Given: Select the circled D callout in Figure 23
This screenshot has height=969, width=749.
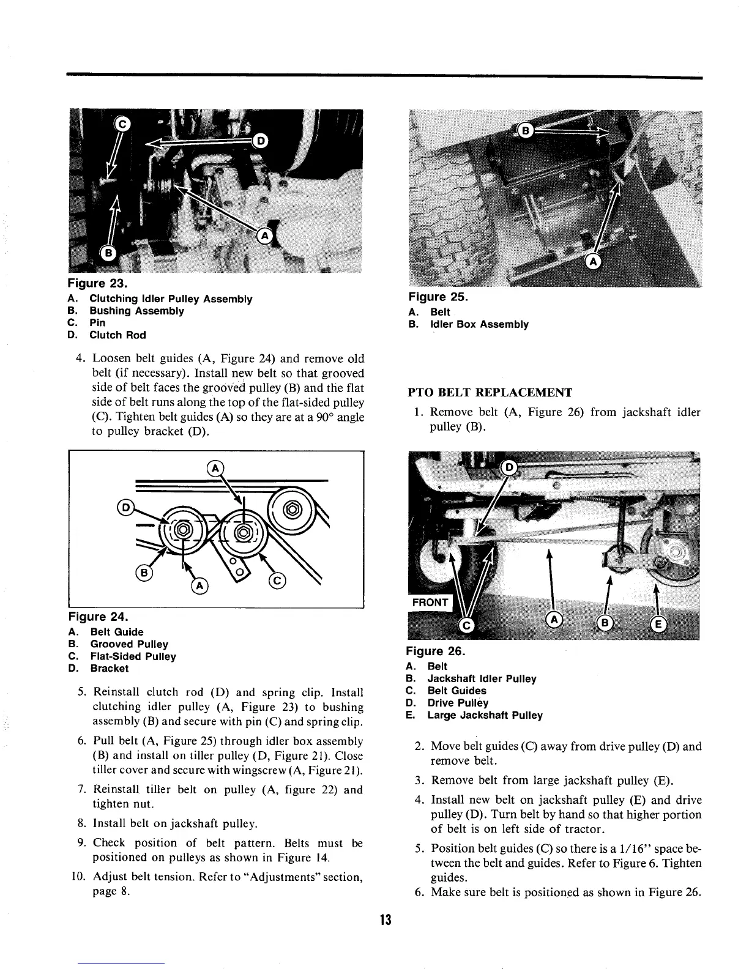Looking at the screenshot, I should [x=260, y=141].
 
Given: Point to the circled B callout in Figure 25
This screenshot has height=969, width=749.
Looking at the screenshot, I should [x=526, y=130].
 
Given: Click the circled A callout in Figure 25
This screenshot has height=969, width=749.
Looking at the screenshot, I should [x=592, y=261].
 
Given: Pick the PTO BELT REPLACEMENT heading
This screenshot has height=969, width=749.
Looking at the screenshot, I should [x=490, y=392].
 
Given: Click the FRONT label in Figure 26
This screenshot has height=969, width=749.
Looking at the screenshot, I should [x=430, y=602].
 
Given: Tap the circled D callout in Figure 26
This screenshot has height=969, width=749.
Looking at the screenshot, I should [x=509, y=469].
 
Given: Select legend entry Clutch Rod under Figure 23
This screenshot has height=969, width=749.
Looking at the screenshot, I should [x=117, y=335].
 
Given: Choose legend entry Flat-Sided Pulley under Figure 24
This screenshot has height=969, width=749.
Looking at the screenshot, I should [x=133, y=656].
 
